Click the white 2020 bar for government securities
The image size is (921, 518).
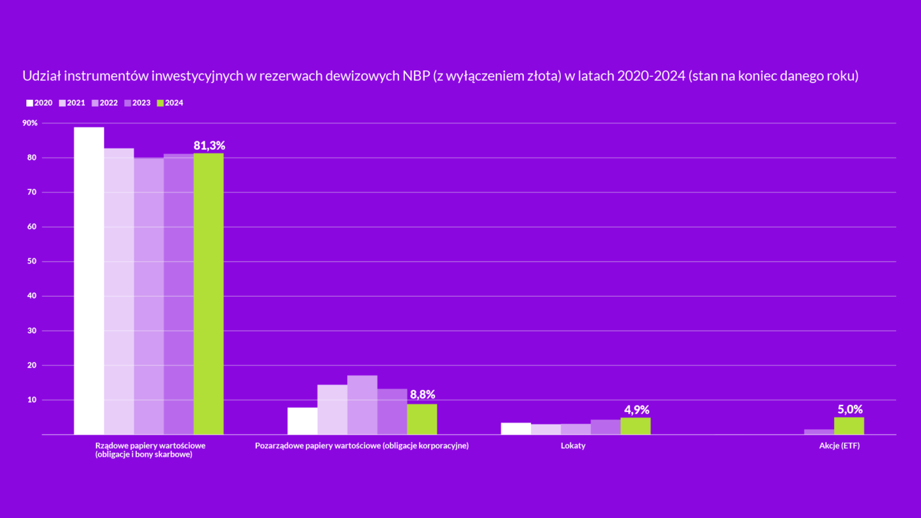pyautogui.click(x=89, y=281)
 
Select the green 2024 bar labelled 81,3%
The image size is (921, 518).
pyautogui.click(x=209, y=294)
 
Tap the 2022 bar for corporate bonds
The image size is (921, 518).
pyautogui.click(x=362, y=405)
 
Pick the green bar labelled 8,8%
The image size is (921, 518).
pyautogui.click(x=422, y=419)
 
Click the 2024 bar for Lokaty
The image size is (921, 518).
pyautogui.click(x=635, y=426)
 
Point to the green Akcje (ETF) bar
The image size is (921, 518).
pyautogui.click(x=849, y=426)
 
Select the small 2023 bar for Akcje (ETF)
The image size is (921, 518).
pyautogui.click(x=819, y=432)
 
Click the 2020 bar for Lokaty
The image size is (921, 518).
pyautogui.click(x=516, y=428)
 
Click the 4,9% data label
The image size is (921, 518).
pyautogui.click(x=636, y=411)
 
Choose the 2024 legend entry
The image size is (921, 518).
pyautogui.click(x=169, y=103)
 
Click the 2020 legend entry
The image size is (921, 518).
pyautogui.click(x=39, y=103)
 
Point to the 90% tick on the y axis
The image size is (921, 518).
pyautogui.click(x=30, y=123)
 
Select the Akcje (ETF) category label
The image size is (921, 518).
pyautogui.click(x=839, y=446)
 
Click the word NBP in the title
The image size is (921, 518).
pyautogui.click(x=416, y=76)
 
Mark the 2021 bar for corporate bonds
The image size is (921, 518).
pyautogui.click(x=332, y=409)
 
